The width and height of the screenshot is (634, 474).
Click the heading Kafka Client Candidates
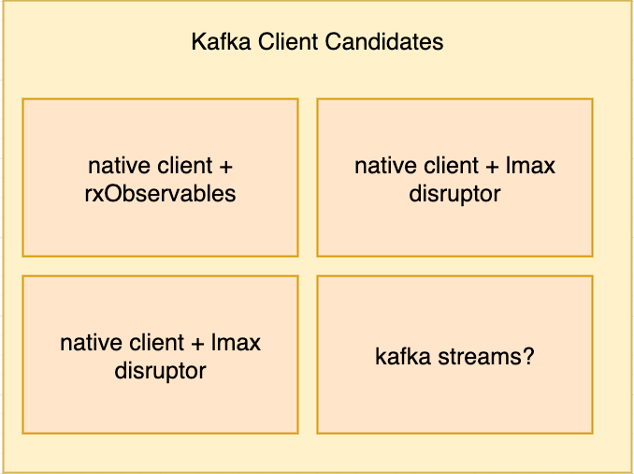[x=317, y=42]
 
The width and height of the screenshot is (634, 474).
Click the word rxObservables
[x=160, y=194]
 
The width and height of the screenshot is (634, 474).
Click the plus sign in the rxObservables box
[x=225, y=167]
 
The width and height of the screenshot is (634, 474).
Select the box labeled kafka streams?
[x=454, y=354]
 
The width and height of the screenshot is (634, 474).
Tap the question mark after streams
[x=528, y=357]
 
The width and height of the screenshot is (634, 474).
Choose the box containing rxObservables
[x=160, y=178]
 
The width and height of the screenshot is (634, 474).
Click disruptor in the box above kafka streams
[x=454, y=194]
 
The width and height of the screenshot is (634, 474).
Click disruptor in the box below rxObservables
[x=160, y=370]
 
